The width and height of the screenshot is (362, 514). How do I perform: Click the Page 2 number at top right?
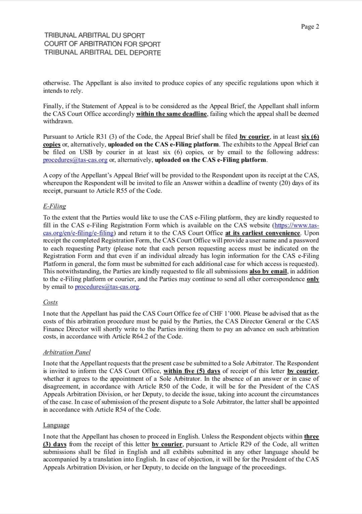click(x=310, y=27)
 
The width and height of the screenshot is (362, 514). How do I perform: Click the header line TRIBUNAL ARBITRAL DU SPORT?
click(x=94, y=35)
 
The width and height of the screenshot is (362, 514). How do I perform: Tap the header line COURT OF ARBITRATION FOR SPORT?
click(x=102, y=44)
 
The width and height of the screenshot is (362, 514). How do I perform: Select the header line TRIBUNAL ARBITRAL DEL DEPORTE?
click(x=102, y=53)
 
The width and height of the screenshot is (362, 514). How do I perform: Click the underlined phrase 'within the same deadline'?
click(x=171, y=114)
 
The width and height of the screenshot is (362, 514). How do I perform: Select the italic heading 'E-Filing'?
click(x=54, y=206)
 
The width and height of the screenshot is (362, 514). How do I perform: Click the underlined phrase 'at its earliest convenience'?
click(x=263, y=233)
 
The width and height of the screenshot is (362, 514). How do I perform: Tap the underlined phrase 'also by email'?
click(x=268, y=271)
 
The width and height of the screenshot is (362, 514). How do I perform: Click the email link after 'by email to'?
click(x=107, y=287)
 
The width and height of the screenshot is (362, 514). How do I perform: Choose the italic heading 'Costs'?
click(x=50, y=302)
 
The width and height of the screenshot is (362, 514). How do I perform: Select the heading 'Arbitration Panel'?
click(x=67, y=352)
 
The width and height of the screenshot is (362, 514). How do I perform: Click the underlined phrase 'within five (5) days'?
click(x=192, y=371)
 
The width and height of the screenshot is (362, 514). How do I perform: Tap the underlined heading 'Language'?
click(x=56, y=425)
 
